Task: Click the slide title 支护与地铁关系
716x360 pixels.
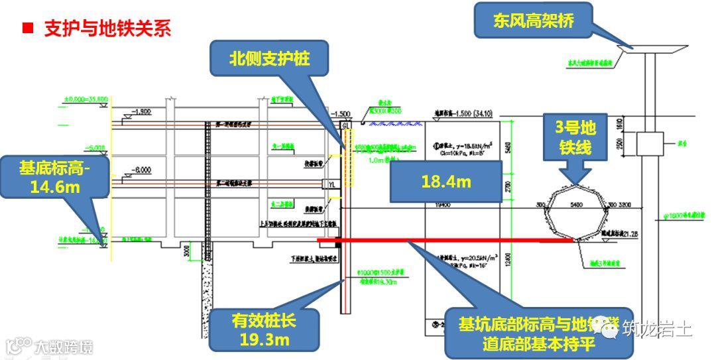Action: pos(107,28)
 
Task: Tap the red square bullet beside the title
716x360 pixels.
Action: pos(27,28)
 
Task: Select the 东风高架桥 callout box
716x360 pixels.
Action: pos(533,21)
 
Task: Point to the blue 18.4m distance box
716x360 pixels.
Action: pos(446,181)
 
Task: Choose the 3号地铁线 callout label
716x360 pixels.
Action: pos(575,139)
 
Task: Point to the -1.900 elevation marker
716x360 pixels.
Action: pos(141,111)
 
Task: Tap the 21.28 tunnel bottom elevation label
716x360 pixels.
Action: pos(630,233)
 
